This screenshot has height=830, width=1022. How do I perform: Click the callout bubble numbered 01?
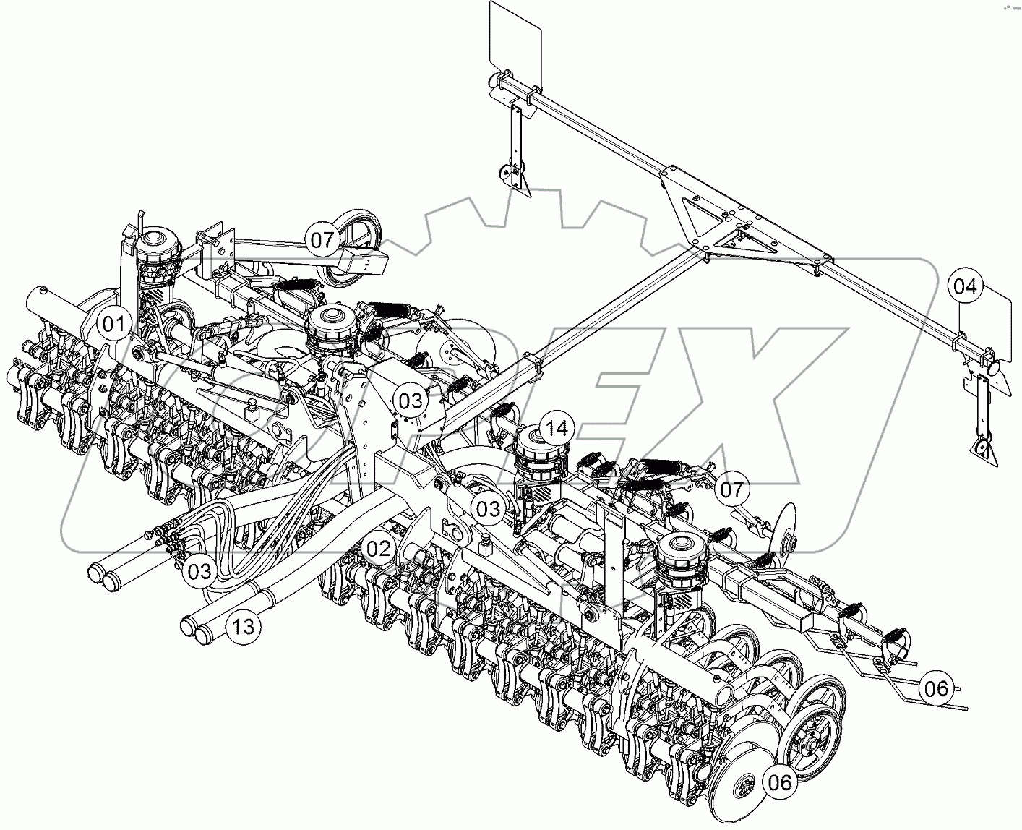pos(112,325)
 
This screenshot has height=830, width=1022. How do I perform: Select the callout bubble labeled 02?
pos(377,547)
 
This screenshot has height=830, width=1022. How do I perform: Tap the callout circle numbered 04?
pos(964,286)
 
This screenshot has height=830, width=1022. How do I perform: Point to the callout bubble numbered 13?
pos(244,626)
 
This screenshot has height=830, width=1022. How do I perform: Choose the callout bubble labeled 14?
pos(557,429)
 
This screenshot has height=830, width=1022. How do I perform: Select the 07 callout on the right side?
pos(731,489)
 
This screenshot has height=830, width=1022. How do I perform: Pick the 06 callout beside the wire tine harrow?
pos(936,688)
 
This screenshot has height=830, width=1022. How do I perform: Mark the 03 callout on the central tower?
pos(410,399)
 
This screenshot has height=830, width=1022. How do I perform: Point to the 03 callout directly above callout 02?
pos(488,508)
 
